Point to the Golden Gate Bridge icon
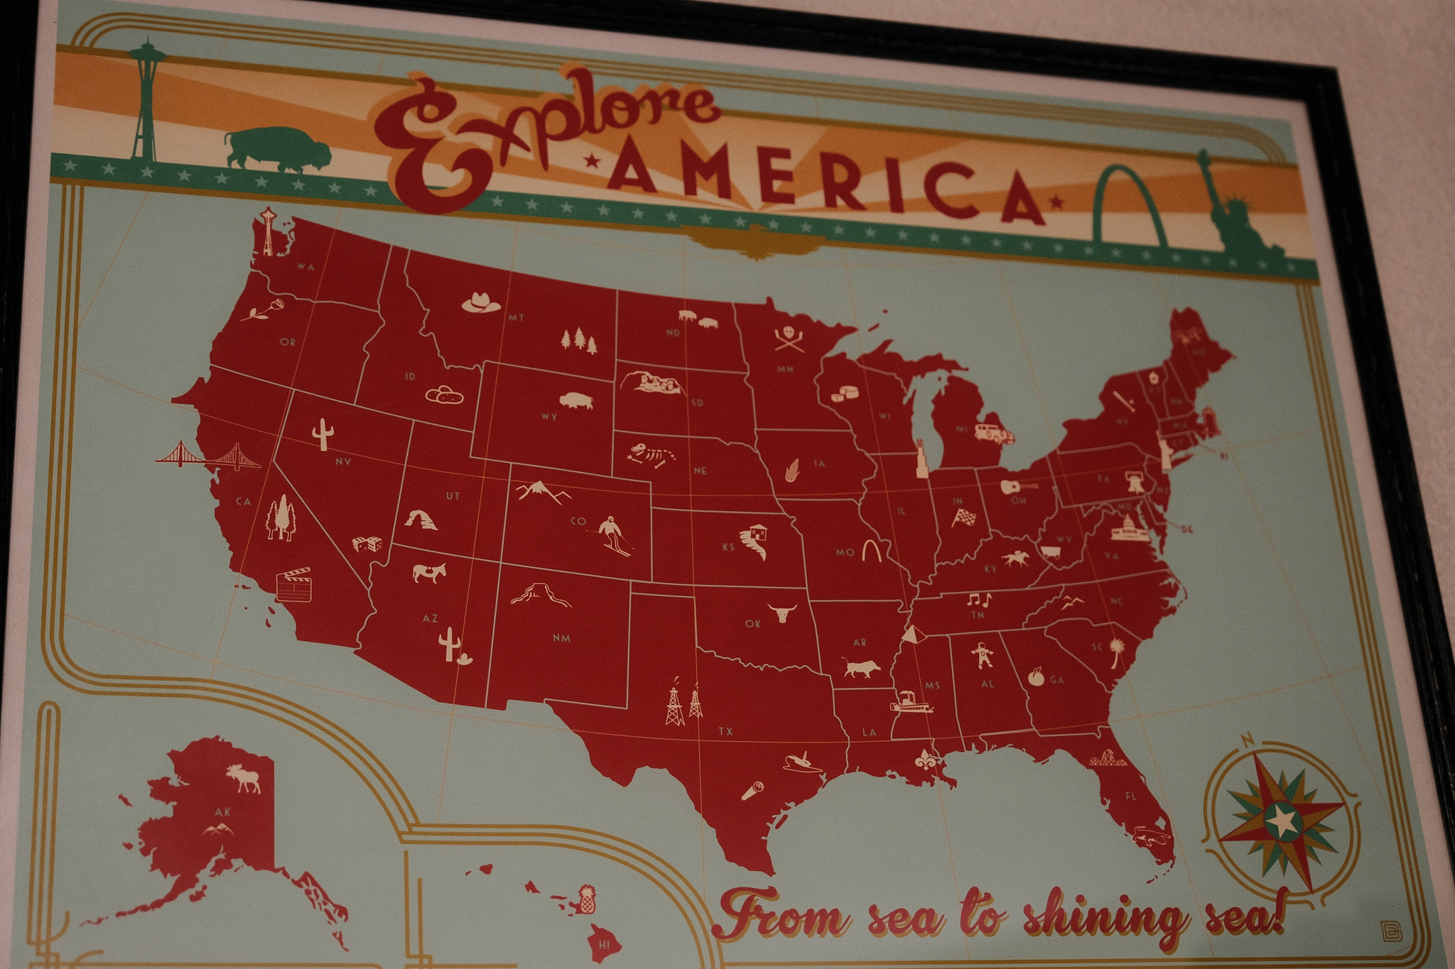(x=208, y=455)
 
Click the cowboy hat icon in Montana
(x=482, y=302)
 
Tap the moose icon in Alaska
(x=244, y=778)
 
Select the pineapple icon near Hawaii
(x=586, y=900)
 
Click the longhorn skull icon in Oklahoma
(x=782, y=613)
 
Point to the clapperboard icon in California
(x=293, y=584)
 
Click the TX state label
(x=725, y=730)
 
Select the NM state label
(x=561, y=637)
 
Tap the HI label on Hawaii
(x=605, y=944)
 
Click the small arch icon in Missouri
(x=872, y=550)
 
